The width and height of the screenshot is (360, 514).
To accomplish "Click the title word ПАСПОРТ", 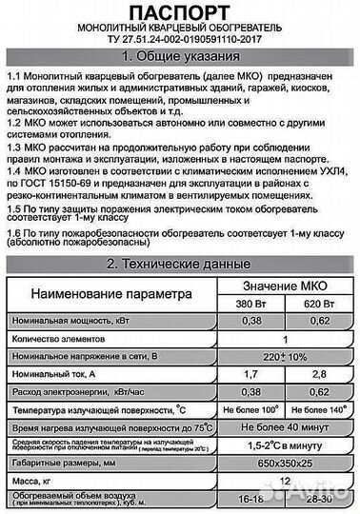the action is coord(179,12).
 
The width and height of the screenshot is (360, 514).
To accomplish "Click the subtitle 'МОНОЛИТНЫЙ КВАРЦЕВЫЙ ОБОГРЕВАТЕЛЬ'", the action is coord(179,30).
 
